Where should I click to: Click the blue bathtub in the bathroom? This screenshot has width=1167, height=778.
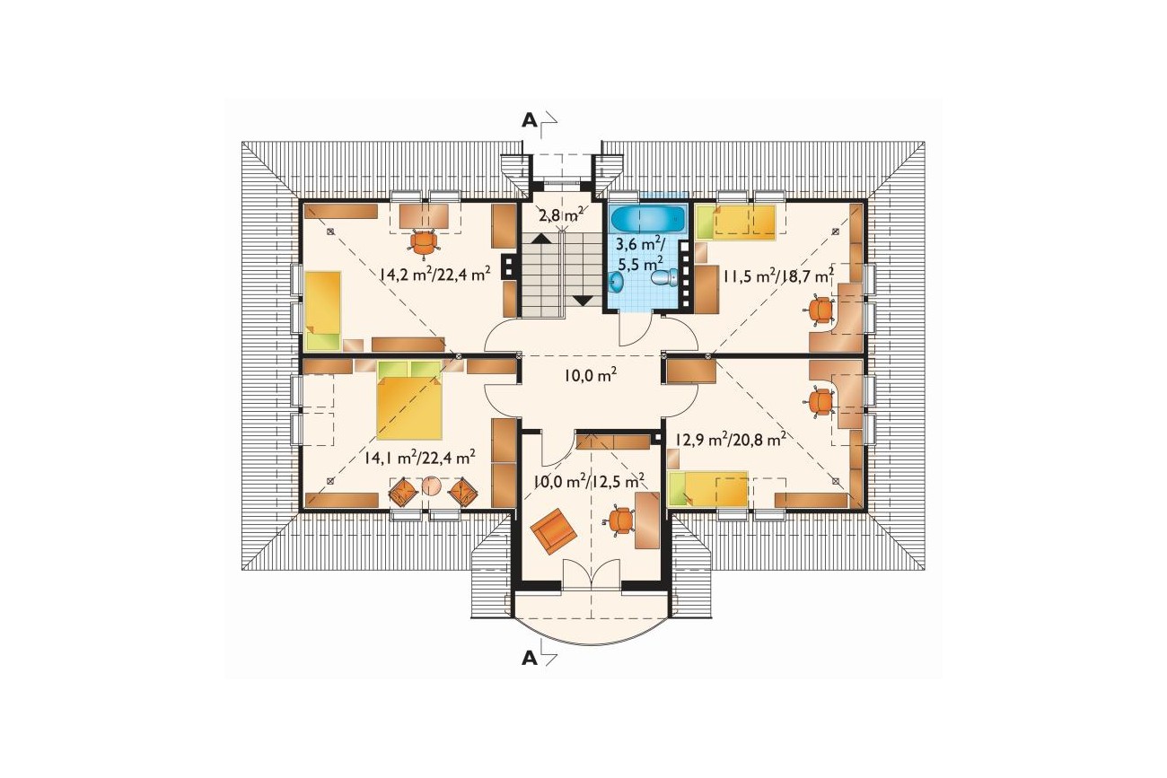click(647, 219)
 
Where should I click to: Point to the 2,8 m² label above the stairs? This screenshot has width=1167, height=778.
click(560, 215)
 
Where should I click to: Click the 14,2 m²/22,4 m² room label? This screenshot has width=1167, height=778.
click(435, 274)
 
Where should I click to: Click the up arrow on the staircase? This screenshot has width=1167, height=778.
click(541, 239)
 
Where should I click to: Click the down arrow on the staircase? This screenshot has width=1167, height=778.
click(583, 301)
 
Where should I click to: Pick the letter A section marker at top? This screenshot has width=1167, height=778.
click(530, 121)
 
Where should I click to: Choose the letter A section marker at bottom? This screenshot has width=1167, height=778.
click(530, 659)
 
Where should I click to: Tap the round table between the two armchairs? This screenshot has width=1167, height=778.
click(432, 485)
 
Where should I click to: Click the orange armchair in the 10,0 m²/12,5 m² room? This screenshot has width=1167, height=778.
click(553, 532)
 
